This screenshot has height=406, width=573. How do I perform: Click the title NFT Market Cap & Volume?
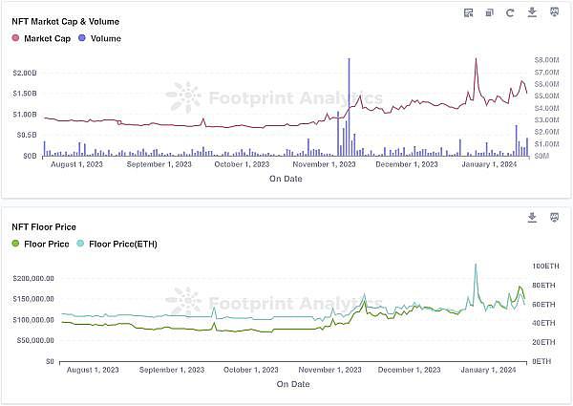65,21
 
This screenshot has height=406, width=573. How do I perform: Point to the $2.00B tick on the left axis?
24,73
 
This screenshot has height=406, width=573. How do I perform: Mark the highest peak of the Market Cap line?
476,59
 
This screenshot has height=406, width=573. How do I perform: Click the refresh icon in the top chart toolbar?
510,12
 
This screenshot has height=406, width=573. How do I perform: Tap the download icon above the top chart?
532,12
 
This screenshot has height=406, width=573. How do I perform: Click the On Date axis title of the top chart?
286,179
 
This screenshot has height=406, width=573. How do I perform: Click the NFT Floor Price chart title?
44,226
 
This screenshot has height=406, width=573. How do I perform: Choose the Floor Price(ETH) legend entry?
123,244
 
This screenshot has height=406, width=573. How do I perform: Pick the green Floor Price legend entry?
40,244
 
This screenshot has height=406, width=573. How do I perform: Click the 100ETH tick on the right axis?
544,266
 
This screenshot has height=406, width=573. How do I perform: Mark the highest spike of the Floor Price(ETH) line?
476,265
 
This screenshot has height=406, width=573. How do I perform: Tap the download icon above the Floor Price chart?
532,218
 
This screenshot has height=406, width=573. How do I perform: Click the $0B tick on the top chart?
30,155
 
